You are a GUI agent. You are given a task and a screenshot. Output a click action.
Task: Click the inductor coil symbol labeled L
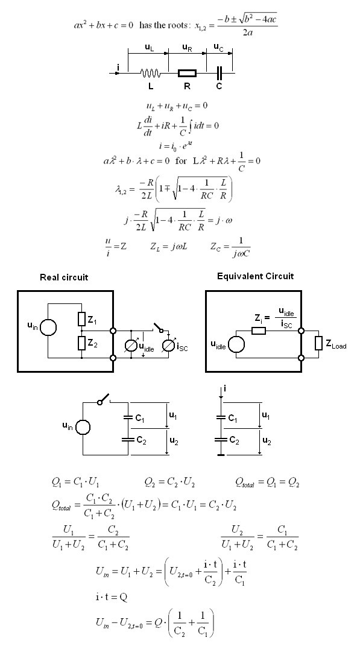coord(150,73)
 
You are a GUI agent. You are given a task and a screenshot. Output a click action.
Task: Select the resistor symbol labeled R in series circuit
coord(187,73)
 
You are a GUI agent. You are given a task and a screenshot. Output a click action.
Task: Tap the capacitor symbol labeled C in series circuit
coord(219,73)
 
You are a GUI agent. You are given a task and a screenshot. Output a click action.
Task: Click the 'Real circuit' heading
coord(64,277)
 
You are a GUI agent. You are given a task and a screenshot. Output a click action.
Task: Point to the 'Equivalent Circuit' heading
coord(255,276)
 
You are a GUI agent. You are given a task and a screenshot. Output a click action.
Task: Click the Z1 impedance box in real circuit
coord(82,319)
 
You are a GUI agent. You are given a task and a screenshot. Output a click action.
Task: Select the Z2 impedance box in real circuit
coord(82,343)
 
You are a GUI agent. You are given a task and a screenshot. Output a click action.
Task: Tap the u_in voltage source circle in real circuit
coord(48,328)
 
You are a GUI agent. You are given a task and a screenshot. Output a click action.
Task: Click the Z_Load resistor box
coord(318,343)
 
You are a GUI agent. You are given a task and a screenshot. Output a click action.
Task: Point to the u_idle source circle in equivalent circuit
coord(236,344)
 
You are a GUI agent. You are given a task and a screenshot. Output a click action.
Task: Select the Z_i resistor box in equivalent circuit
coord(259,331)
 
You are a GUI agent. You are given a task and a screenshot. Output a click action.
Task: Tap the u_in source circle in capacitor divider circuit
coord(83,427)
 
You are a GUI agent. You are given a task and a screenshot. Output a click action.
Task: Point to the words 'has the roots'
coord(164,25)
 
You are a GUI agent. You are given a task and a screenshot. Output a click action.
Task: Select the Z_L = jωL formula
coord(169,247)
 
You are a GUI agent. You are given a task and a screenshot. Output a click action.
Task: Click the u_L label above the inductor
coord(150,47)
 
